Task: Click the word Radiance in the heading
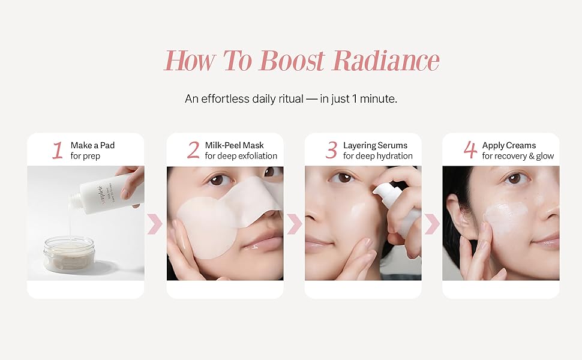(386, 60)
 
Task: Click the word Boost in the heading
(292, 60)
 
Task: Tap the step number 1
(58, 151)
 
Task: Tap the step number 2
(193, 151)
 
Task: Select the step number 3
(331, 151)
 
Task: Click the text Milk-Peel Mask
(234, 145)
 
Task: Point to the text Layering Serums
(375, 145)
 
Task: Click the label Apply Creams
(509, 145)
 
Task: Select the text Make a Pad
(92, 145)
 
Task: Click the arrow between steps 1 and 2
(155, 224)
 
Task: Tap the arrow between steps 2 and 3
(295, 224)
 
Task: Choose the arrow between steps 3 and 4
(433, 224)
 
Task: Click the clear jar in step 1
(69, 253)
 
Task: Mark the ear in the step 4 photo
(456, 215)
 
